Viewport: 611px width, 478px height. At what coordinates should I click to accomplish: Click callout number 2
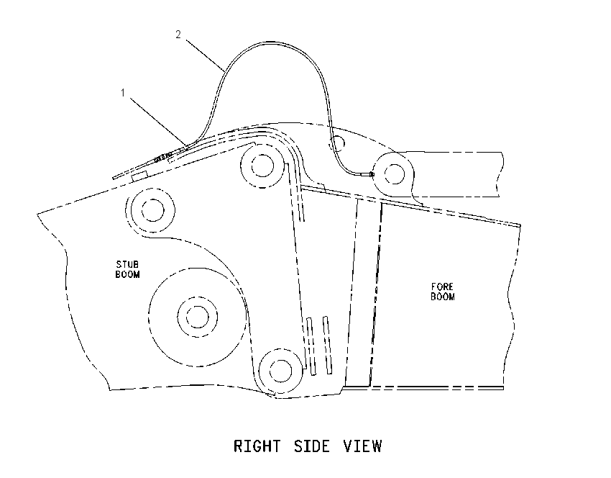coord(178,35)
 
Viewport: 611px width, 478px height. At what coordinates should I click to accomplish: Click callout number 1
coord(123,93)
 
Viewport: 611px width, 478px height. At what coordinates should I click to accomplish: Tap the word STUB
coord(127,265)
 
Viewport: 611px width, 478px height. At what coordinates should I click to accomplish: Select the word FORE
coord(443,287)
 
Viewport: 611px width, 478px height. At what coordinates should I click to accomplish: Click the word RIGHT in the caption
coord(257,446)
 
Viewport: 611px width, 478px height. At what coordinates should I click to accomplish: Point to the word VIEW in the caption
coord(363,446)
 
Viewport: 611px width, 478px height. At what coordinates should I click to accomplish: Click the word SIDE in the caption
coord(312,446)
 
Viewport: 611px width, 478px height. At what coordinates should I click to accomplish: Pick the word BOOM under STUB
coord(127,274)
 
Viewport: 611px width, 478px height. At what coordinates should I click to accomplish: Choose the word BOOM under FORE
coord(443,297)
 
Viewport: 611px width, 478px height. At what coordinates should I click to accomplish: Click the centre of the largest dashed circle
coord(198,317)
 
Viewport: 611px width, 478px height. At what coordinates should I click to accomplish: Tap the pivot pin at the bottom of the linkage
coord(280,371)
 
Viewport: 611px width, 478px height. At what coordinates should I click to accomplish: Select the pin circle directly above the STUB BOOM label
coord(152,210)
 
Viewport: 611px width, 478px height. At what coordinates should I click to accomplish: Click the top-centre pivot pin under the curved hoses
coord(262,166)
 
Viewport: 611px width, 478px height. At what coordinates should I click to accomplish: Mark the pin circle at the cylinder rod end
coord(395,173)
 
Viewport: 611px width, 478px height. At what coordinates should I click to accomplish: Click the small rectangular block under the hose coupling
coord(139,176)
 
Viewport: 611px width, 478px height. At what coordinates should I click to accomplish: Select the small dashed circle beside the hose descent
coord(337,143)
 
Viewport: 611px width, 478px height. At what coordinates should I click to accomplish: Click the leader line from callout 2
coord(205,55)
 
